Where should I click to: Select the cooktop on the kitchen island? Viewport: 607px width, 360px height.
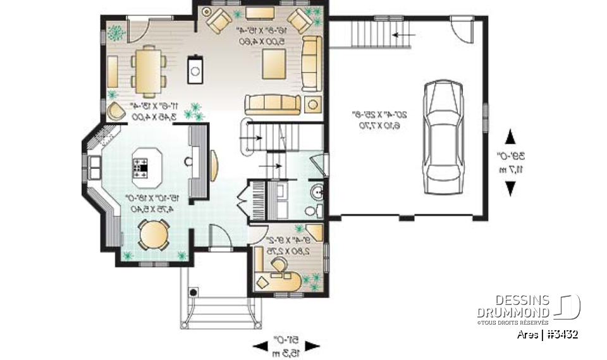pyautogui.click(x=140, y=168)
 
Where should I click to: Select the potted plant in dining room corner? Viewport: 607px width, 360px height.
pyautogui.click(x=116, y=30)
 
